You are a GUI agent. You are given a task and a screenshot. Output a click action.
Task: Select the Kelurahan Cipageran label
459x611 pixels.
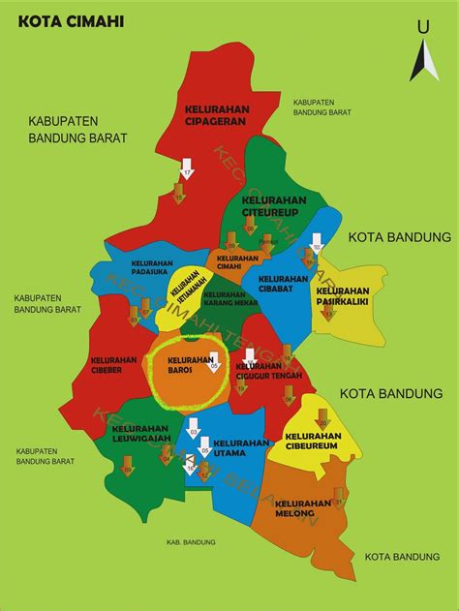click(x=218, y=117)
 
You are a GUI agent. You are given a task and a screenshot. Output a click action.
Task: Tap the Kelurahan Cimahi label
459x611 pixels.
click(x=237, y=262)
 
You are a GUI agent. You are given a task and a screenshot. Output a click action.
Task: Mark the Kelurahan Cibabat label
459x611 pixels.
click(x=282, y=283)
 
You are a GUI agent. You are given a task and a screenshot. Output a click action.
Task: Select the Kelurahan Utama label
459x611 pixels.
click(x=239, y=447)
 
